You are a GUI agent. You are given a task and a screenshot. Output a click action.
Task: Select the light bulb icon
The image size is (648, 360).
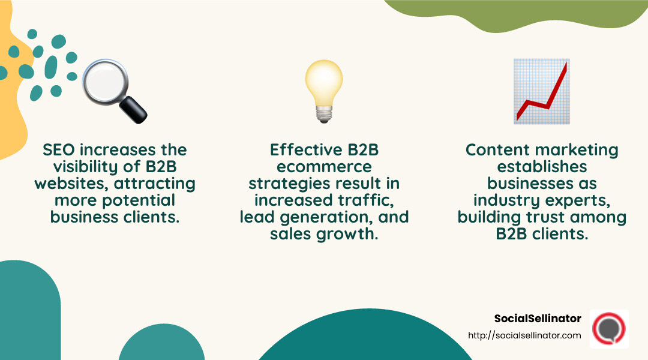(324, 90)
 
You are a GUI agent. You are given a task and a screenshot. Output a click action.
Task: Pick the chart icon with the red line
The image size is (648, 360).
(541, 91)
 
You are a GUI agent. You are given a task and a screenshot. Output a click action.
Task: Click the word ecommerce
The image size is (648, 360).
(324, 167)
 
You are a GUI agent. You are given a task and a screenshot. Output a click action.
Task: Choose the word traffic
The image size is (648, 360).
(371, 200)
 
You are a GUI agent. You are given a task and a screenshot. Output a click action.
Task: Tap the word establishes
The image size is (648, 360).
(541, 167)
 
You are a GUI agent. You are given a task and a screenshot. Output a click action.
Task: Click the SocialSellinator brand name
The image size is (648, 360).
(538, 319)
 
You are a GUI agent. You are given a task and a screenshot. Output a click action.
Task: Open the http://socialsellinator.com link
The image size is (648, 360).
(524, 335)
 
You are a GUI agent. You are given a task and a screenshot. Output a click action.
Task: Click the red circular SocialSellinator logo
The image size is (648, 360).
(608, 329)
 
